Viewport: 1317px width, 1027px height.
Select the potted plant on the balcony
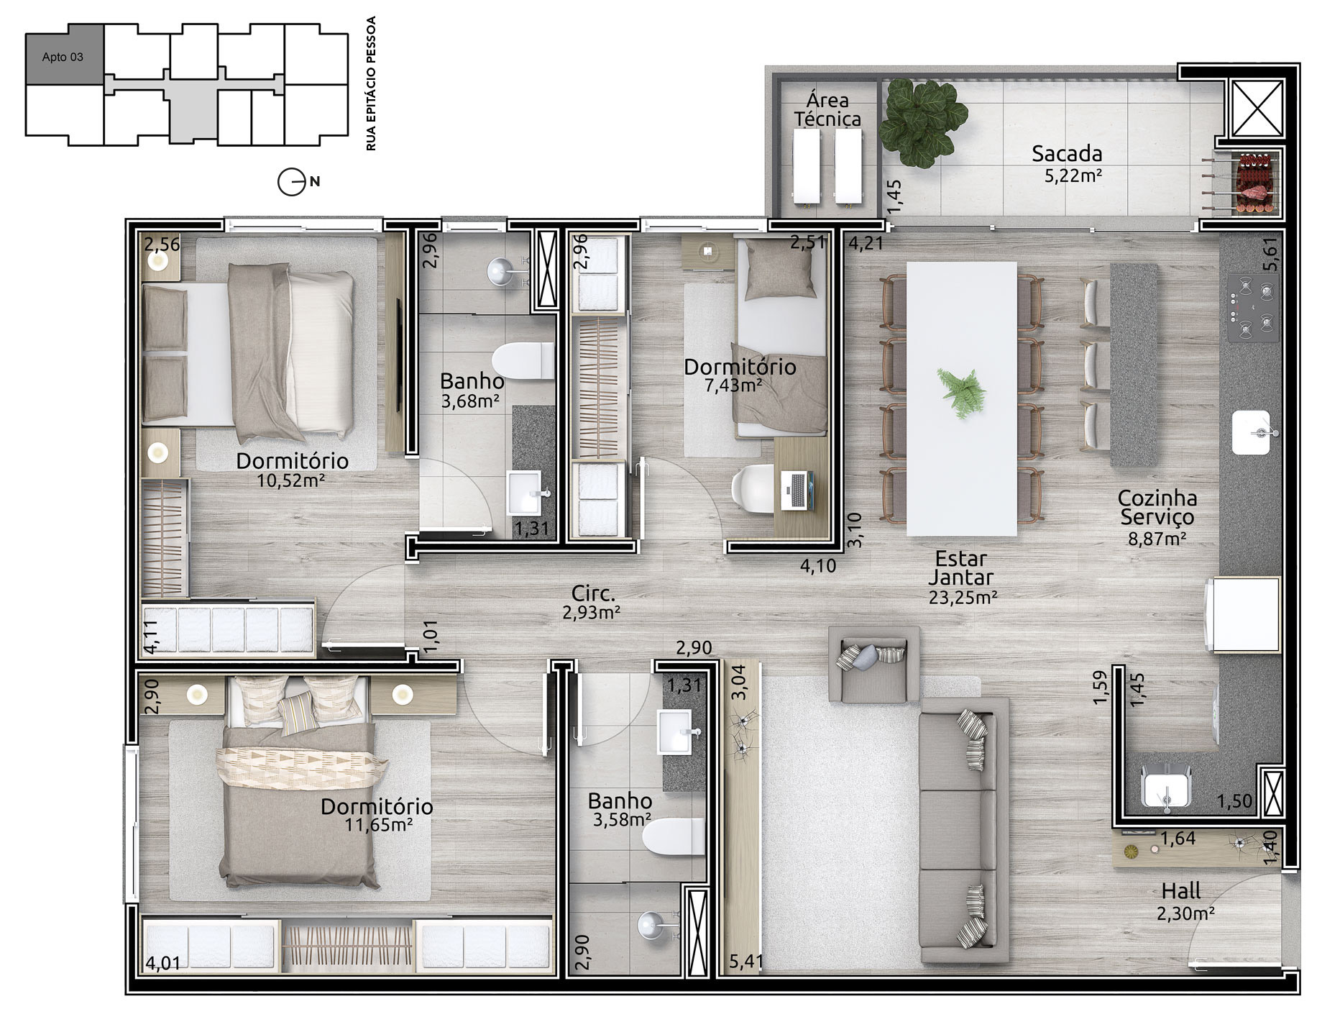(923, 123)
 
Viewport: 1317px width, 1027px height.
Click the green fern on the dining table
(961, 393)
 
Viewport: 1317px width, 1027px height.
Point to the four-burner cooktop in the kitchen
(1252, 307)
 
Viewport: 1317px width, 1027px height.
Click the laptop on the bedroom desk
(797, 490)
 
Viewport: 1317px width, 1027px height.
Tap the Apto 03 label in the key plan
(63, 57)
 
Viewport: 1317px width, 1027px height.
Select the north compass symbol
(292, 182)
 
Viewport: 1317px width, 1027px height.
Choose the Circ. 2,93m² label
(592, 603)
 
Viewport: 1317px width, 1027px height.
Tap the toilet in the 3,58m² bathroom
(673, 836)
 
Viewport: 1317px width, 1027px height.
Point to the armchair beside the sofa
(874, 664)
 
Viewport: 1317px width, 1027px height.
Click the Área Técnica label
(827, 109)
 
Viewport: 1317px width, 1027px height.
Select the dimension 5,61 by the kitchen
(1271, 254)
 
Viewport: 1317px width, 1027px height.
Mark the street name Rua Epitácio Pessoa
(371, 83)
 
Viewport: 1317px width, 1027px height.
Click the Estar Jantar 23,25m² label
(962, 578)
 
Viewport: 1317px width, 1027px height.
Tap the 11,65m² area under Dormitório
(378, 825)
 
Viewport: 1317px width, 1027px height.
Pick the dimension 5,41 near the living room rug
(745, 961)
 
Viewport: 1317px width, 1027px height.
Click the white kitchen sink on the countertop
(1252, 432)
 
